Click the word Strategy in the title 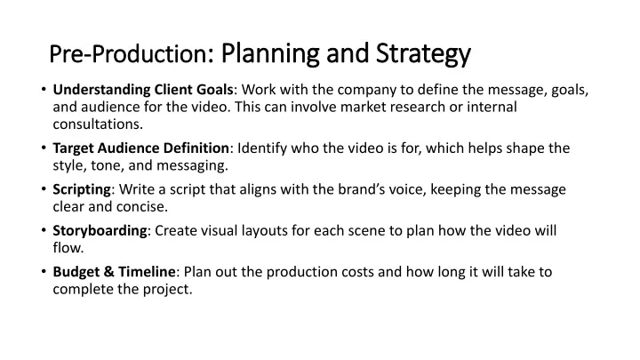click(423, 54)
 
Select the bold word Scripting click(82, 190)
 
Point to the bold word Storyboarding click(100, 231)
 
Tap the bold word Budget click(77, 272)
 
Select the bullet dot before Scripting click(44, 188)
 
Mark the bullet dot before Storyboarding click(44, 230)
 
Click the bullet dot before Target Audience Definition click(44, 148)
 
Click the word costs click(357, 272)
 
